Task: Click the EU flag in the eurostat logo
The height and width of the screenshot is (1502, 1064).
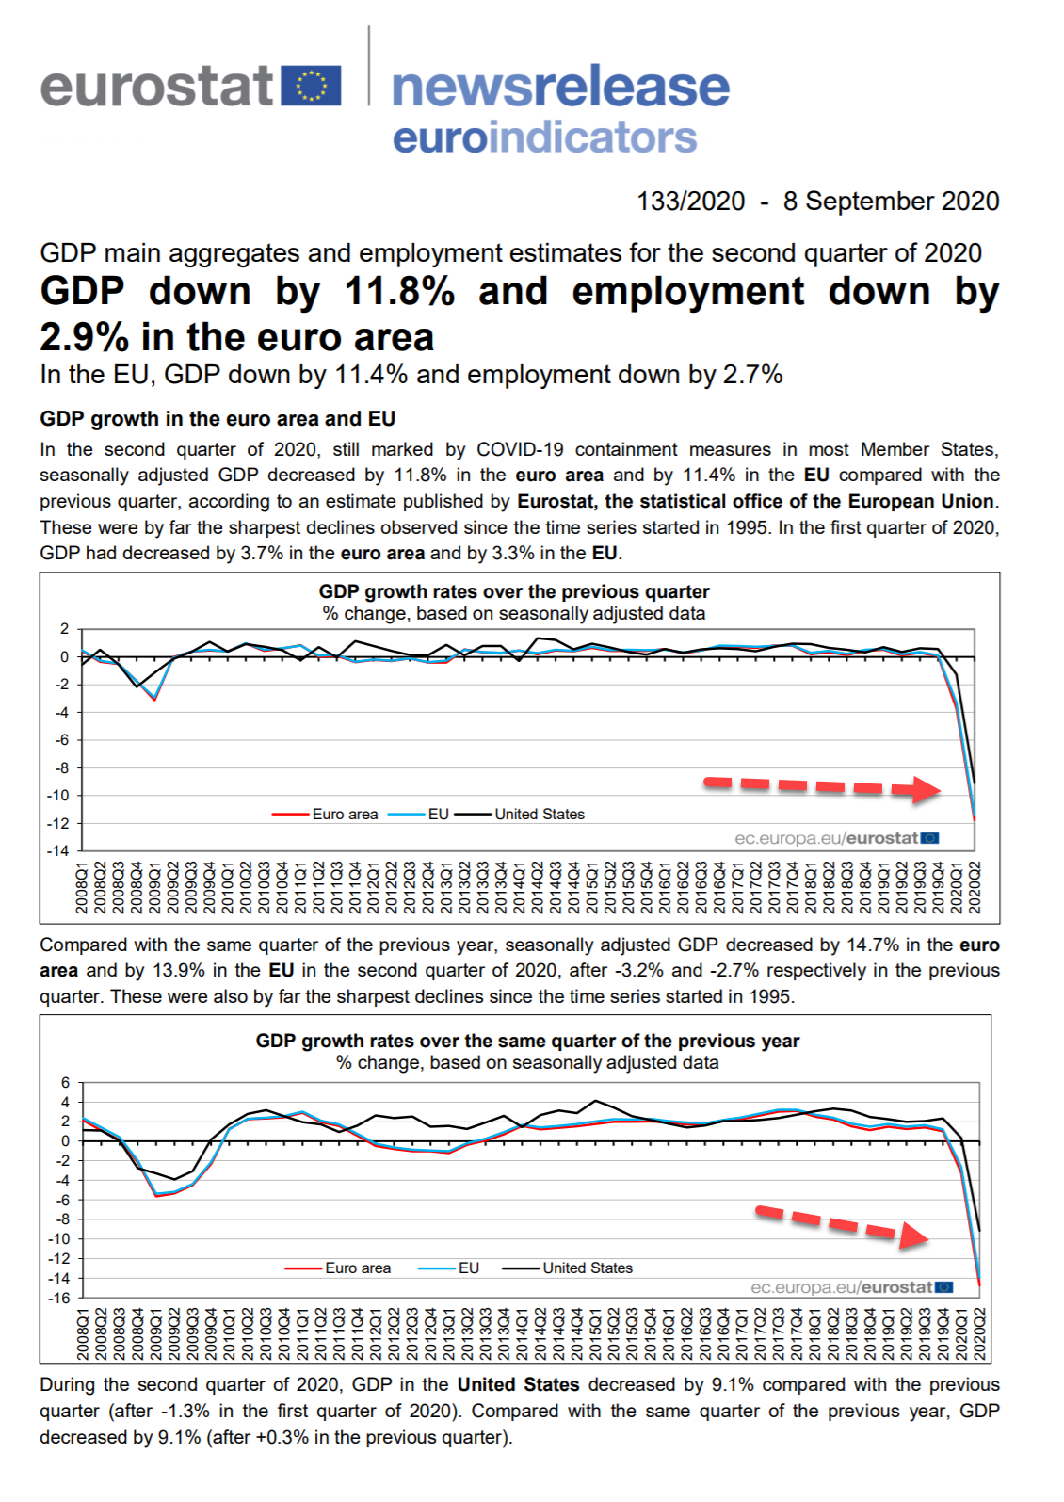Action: tap(311, 86)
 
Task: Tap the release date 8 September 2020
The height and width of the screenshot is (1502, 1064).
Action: tap(891, 202)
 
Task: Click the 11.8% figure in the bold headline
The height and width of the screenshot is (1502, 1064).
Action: tap(399, 291)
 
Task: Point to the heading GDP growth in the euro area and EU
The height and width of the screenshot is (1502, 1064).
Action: tap(218, 419)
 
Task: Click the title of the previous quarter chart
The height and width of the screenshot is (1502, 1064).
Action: tap(514, 591)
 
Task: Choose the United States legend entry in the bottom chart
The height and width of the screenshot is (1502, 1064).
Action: tap(587, 1268)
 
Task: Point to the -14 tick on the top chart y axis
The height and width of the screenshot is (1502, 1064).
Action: tap(60, 851)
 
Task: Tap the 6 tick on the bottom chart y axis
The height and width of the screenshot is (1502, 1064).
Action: tap(66, 1083)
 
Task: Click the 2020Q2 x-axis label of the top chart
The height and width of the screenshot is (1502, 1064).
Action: tap(975, 887)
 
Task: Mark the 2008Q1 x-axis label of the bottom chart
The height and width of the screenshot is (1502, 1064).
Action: tap(84, 1333)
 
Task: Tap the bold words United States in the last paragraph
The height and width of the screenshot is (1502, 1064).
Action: tap(518, 1385)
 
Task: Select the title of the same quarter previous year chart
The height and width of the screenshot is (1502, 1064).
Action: tap(527, 1041)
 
